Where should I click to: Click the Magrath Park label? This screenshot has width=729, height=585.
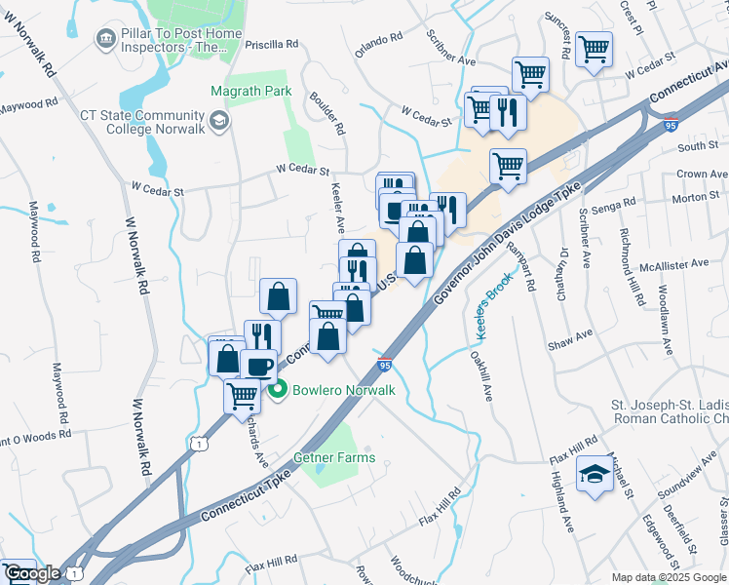pyautogui.click(x=250, y=91)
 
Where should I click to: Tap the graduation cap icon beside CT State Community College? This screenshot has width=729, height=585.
pyautogui.click(x=220, y=121)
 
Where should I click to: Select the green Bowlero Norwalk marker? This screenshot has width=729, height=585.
pyautogui.click(x=277, y=391)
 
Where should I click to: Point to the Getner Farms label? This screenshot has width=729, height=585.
pyautogui.click(x=334, y=457)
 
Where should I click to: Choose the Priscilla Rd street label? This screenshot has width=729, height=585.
pyautogui.click(x=274, y=44)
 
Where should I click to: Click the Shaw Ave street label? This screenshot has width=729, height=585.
pyautogui.click(x=570, y=337)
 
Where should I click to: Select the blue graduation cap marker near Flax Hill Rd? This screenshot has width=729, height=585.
pyautogui.click(x=592, y=476)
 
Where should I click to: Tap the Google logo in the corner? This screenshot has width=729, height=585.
pyautogui.click(x=32, y=573)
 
